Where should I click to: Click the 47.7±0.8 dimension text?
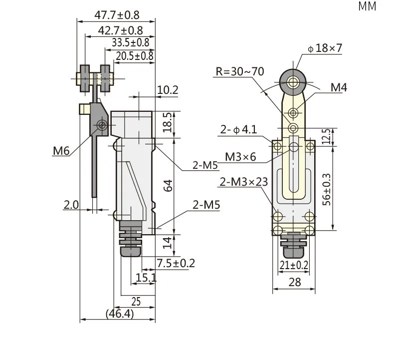(x=117, y=15)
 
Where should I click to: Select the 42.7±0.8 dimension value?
(x=120, y=30)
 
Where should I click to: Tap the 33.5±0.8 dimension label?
(x=130, y=42)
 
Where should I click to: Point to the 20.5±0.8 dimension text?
(x=135, y=56)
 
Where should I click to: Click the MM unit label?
(x=367, y=6)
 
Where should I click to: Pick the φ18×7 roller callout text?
(x=325, y=48)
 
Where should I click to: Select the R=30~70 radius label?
(x=240, y=71)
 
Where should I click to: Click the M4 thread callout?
(x=339, y=87)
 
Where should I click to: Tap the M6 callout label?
(x=61, y=151)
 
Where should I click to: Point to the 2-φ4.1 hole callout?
(x=239, y=129)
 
